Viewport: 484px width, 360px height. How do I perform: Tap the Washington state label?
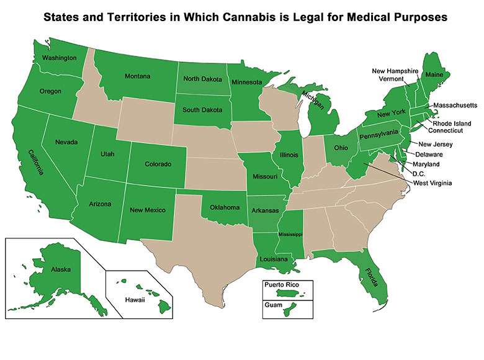coord(59,58)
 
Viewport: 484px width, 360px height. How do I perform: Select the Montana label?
coord(137,76)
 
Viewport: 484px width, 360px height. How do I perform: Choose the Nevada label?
coord(66,142)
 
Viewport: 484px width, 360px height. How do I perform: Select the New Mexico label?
coord(147,210)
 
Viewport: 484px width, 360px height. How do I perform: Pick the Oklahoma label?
coord(224,207)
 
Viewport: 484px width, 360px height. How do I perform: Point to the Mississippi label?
coord(289,235)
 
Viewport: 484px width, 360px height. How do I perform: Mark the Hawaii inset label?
coord(128,300)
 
